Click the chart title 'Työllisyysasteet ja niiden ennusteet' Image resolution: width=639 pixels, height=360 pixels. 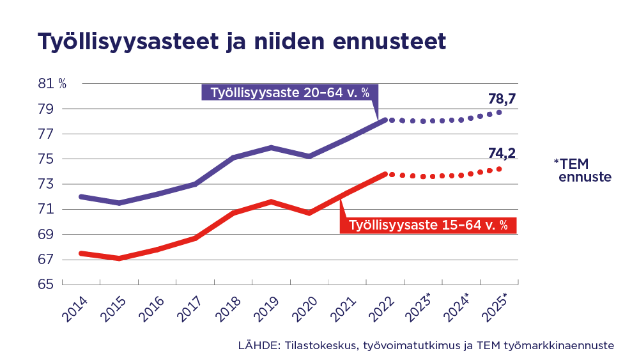[x=241, y=40]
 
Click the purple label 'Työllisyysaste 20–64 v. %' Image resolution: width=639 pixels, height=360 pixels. [x=289, y=93]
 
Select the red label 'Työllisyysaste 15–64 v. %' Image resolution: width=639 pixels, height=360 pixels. [x=427, y=225]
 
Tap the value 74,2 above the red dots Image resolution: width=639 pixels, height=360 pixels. [x=502, y=153]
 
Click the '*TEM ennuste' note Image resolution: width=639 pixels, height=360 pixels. [x=582, y=170]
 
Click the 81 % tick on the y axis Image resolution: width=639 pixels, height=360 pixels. [x=52, y=84]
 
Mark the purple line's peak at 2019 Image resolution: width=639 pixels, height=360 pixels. [x=271, y=147]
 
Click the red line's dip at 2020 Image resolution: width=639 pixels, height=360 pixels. [x=309, y=212]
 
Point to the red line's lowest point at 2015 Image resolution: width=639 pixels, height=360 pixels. [x=119, y=258]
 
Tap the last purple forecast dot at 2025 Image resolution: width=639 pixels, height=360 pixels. [x=499, y=112]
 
